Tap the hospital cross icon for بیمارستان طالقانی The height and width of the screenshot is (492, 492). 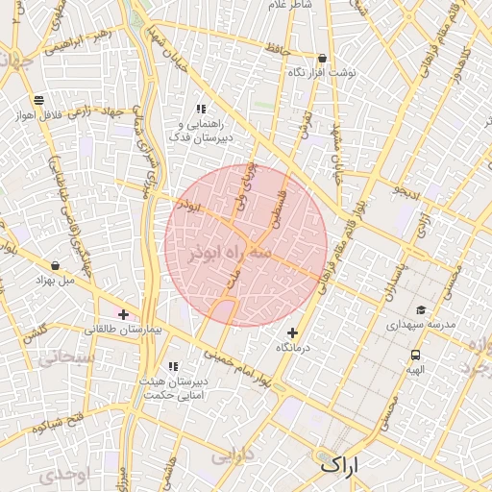[x=123, y=314]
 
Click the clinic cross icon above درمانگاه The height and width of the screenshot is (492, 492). [x=292, y=332]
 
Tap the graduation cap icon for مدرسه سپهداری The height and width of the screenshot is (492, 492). [x=421, y=309]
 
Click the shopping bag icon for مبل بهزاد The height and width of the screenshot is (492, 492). [x=55, y=265]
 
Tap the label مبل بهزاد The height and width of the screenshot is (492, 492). [x=54, y=281]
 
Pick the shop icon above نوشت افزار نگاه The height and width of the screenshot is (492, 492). [x=321, y=58]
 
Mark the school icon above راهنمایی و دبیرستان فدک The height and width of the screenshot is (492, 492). [x=201, y=109]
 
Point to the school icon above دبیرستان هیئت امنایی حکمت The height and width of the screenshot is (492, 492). [x=173, y=366]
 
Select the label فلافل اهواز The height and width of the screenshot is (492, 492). [x=38, y=114]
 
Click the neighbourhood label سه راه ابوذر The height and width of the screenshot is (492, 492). [x=224, y=253]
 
